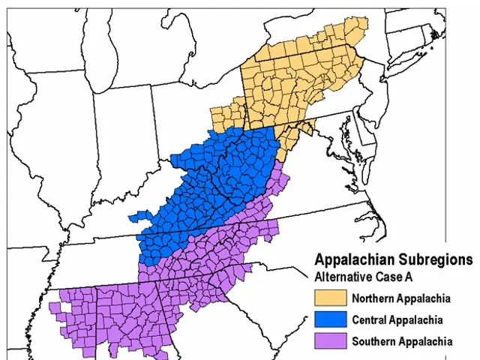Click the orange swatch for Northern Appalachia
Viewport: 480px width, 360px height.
click(x=331, y=298)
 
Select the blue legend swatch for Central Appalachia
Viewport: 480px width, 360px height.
click(x=331, y=319)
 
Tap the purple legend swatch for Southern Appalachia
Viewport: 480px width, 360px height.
click(x=331, y=341)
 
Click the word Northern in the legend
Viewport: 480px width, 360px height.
click(x=373, y=299)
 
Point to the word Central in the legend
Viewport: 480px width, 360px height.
click(x=370, y=320)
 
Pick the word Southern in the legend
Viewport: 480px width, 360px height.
click(x=373, y=342)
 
